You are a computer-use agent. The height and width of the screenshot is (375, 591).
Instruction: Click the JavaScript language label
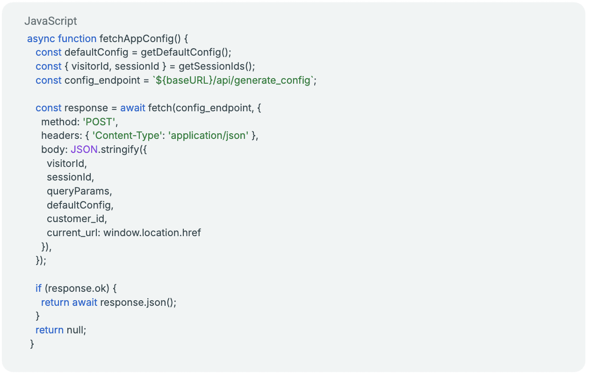[50, 22]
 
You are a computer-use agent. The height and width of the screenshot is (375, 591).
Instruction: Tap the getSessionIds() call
[216, 66]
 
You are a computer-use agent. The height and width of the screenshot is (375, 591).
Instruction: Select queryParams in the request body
[79, 191]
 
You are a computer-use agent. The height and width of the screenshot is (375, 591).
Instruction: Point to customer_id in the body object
[77, 219]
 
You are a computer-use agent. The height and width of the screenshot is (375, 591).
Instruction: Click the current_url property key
[72, 233]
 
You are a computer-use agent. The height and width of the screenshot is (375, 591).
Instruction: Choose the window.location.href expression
[152, 233]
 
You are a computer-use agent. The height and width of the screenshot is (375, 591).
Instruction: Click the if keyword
[38, 288]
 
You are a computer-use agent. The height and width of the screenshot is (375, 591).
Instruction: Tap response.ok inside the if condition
[77, 288]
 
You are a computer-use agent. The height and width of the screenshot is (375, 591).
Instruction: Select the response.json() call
[138, 302]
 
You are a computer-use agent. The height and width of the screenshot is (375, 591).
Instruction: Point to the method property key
[59, 122]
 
